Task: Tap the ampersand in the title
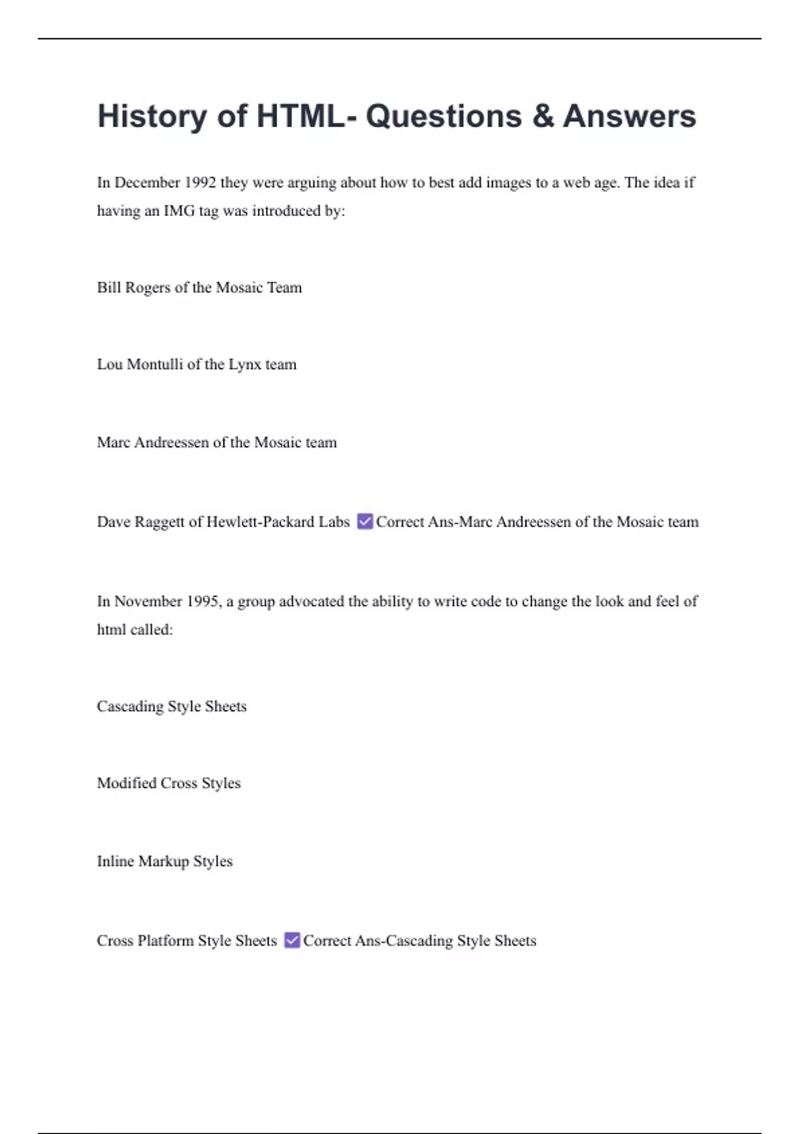(x=543, y=116)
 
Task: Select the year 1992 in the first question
(x=200, y=183)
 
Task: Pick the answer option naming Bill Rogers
(x=199, y=288)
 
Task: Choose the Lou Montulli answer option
(x=197, y=364)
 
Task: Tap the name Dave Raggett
(x=140, y=522)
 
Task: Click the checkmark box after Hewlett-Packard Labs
(x=365, y=521)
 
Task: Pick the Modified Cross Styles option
(x=169, y=783)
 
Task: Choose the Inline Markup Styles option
(x=165, y=861)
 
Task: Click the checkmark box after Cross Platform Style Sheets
(x=292, y=940)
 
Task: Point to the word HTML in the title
(x=301, y=116)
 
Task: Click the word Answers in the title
(x=629, y=116)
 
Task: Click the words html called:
(x=135, y=630)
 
